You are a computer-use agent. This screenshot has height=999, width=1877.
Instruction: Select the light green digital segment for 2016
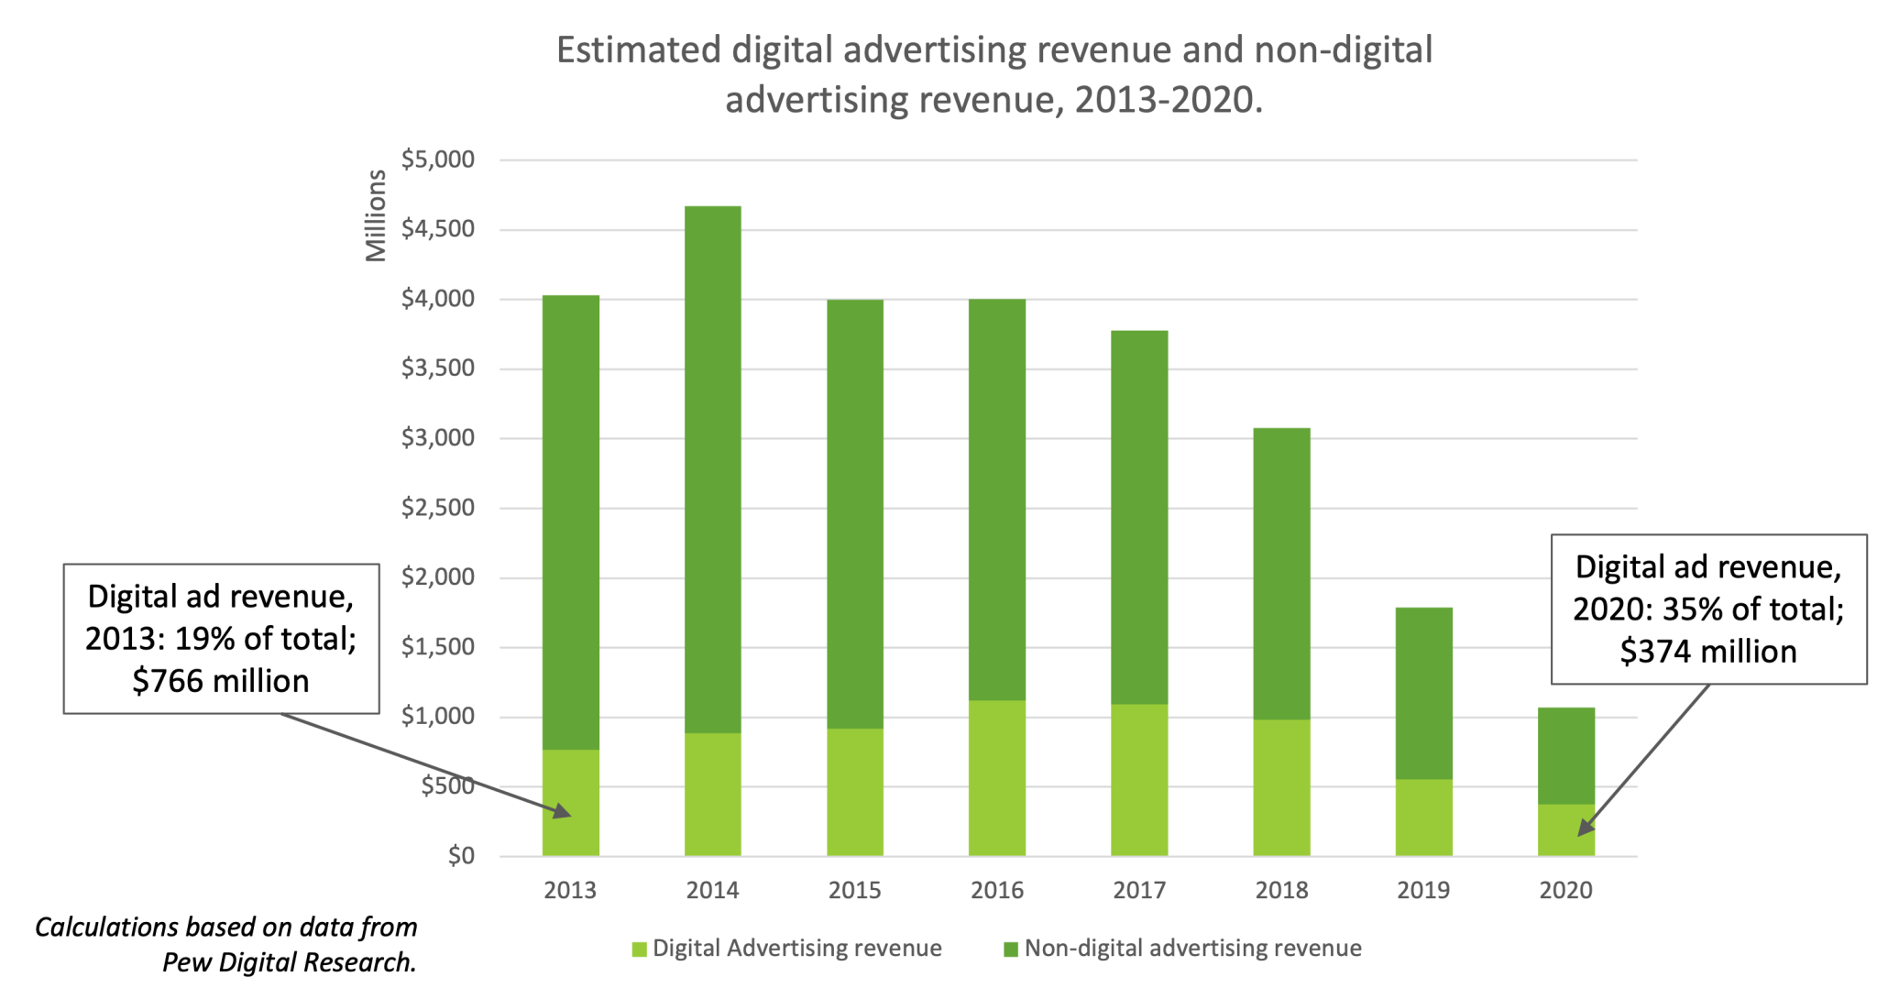coord(997,779)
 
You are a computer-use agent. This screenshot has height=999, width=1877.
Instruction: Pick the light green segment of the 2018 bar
coord(1281,788)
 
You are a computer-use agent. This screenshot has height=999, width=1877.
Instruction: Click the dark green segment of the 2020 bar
coord(1565,755)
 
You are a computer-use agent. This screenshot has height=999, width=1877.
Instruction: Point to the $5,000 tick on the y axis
coord(438,159)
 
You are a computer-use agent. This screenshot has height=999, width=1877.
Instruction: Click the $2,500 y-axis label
coord(438,508)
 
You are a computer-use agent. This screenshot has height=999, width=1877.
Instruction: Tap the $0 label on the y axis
coord(460,856)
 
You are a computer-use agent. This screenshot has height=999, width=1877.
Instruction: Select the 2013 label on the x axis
coord(570,890)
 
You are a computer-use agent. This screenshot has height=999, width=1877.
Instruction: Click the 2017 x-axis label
coord(1139,890)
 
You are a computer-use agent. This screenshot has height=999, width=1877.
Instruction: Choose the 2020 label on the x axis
coord(1565,890)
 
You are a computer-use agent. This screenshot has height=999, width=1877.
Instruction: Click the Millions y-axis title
coord(376,216)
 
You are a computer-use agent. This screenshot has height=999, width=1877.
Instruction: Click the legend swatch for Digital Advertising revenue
coord(640,950)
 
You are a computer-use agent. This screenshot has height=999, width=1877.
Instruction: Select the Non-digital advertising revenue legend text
coord(1192,949)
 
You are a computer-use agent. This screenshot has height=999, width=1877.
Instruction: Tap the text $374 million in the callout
coord(1708,652)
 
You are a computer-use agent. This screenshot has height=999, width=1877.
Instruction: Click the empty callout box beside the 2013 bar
coord(222,638)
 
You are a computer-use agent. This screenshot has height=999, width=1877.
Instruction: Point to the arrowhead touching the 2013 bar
coord(564,813)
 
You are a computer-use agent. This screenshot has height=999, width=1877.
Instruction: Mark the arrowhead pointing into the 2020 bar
coord(1583,829)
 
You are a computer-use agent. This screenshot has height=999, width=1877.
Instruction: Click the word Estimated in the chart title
coord(638,50)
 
